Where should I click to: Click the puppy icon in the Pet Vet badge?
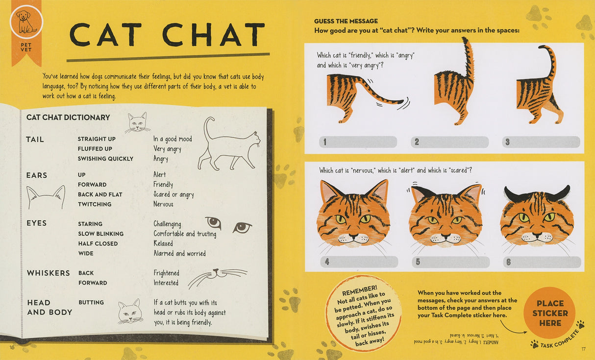pos(26,22)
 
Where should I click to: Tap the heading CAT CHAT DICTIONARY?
pos(68,118)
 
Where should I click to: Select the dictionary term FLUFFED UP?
pos(95,149)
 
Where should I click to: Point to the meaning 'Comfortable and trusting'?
pos(185,234)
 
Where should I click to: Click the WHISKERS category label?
pos(48,273)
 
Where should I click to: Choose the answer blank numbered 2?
pos(449,142)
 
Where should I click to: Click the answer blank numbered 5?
pos(450,262)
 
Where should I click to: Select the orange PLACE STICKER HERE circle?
pos(550,313)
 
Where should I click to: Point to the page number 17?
pos(583,349)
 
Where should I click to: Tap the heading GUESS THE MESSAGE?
pos(346,21)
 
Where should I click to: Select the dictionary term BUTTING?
pos(91,303)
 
